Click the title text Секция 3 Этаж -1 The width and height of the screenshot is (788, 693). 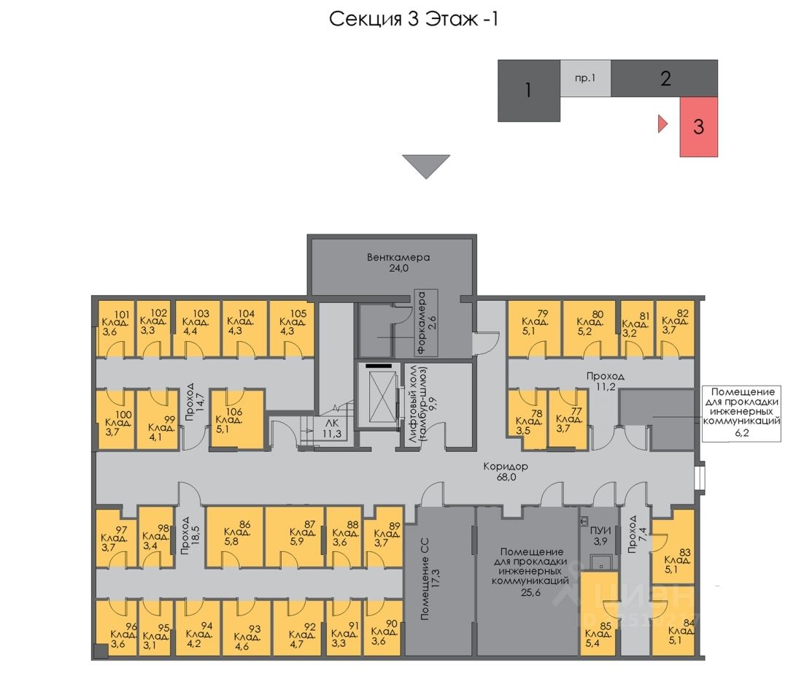coord(414,19)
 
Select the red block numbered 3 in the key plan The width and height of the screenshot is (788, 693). coord(699,126)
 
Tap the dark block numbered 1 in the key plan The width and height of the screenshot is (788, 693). coord(528,91)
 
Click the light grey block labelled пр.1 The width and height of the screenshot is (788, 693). coord(585,78)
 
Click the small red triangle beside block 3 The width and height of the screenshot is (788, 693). coord(663,124)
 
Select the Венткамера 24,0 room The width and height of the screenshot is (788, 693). coord(398,263)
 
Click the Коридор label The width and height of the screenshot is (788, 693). coord(505,466)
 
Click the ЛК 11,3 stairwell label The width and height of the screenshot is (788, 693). coord(332,427)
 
